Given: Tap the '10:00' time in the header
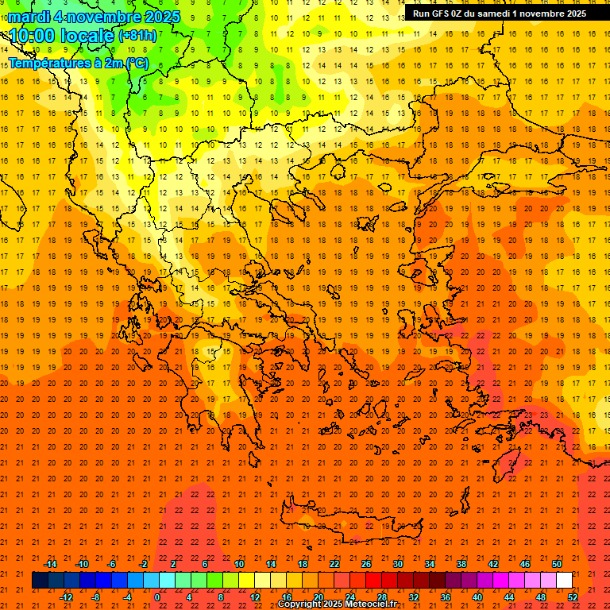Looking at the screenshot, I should point(31,36).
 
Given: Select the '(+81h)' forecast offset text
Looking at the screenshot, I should point(137,36).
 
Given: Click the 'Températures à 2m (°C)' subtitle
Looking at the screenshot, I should point(78,63).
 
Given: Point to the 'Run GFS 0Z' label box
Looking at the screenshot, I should point(500,13).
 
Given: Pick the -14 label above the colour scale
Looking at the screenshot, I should point(50,564).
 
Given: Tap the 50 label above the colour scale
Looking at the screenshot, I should point(557,564).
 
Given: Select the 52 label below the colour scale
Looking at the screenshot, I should point(573,597).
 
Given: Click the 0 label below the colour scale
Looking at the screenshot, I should point(157,597).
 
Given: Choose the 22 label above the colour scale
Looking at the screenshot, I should point(334,564).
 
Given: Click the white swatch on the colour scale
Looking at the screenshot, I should point(564,581).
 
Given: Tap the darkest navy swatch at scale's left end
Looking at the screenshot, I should point(40,581).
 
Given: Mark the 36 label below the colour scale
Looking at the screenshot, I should point(446,597).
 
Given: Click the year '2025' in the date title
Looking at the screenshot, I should point(158,17).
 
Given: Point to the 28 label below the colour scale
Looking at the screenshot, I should point(382,597).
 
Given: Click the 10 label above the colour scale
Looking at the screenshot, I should point(239,564).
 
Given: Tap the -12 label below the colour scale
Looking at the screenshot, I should point(66,597).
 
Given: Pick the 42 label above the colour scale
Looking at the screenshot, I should point(493,564).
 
